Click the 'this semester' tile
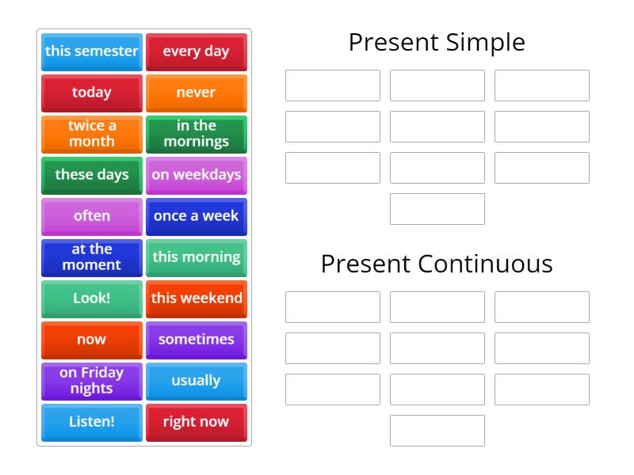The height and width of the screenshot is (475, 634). (x=92, y=51)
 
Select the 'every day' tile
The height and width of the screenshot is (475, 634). (x=196, y=51)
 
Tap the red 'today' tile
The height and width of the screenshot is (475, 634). (x=92, y=93)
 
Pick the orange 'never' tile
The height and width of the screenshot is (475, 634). (x=196, y=93)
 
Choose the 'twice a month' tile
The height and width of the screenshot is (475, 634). (x=92, y=134)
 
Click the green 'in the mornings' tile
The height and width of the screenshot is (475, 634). (x=196, y=134)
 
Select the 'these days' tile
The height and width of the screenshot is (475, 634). (x=92, y=175)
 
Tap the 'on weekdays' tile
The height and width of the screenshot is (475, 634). (x=196, y=175)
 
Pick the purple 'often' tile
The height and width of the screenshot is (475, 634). (x=92, y=216)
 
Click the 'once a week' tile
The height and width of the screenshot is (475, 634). (x=196, y=216)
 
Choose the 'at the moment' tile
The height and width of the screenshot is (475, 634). (x=92, y=257)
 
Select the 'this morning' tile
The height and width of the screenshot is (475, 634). (x=196, y=257)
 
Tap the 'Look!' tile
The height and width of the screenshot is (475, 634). (x=92, y=298)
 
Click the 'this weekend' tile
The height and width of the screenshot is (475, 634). (x=196, y=298)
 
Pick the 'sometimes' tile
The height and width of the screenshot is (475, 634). (x=196, y=340)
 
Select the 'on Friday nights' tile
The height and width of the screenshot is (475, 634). (x=92, y=381)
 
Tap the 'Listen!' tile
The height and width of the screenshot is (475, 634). (x=92, y=422)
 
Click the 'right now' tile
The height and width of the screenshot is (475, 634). (x=196, y=422)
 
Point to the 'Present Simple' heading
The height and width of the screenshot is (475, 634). (x=437, y=42)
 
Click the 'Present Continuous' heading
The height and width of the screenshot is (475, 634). (x=437, y=264)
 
